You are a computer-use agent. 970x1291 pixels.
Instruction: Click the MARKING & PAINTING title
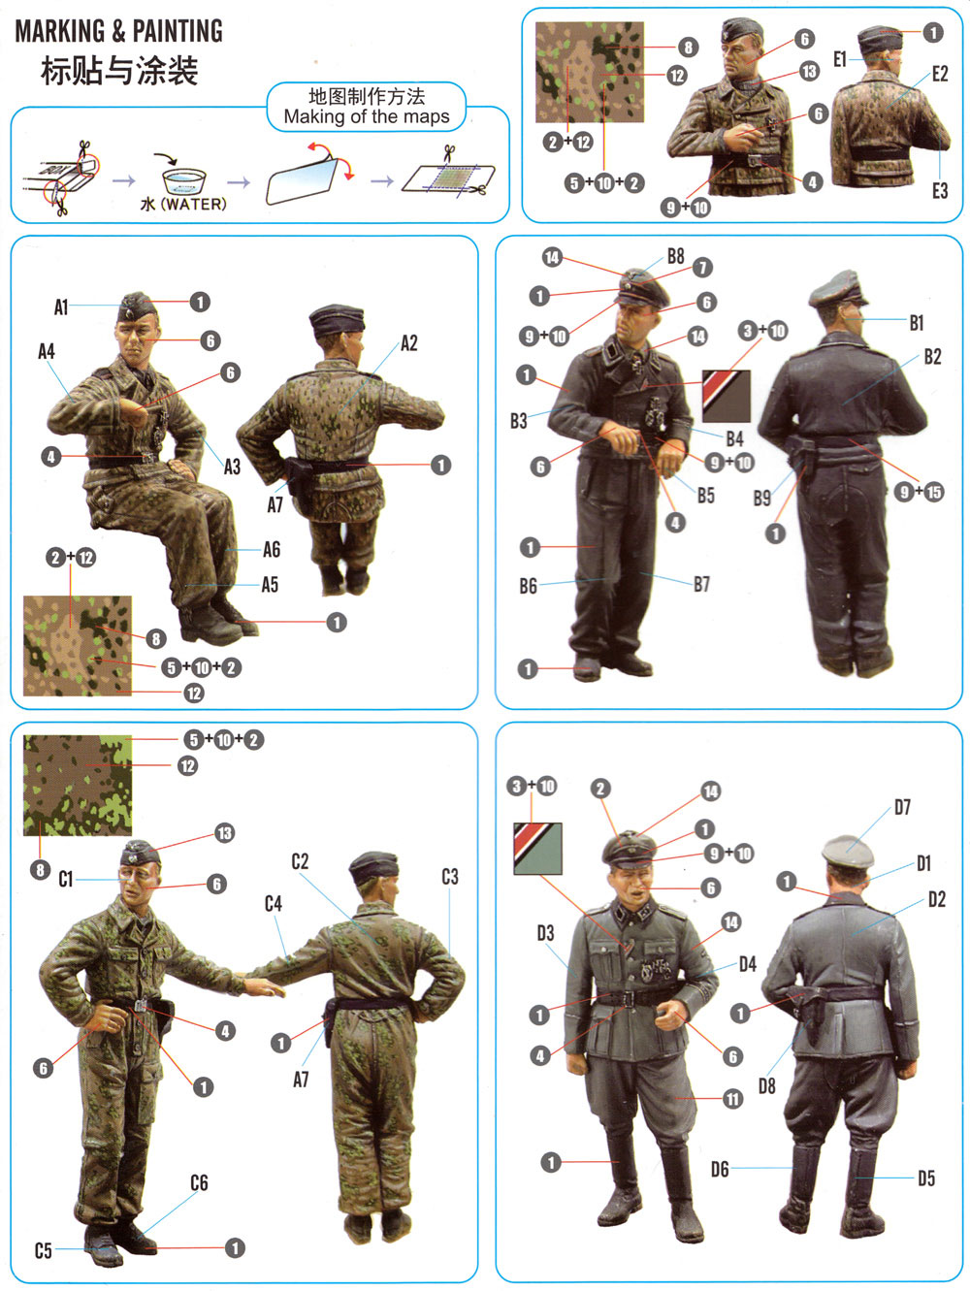click(118, 31)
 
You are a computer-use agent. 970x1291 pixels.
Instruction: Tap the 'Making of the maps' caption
click(367, 116)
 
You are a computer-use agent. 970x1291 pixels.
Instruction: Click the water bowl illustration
click(184, 181)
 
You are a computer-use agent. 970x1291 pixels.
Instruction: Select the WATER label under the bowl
click(183, 204)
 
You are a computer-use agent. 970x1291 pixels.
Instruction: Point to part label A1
click(61, 307)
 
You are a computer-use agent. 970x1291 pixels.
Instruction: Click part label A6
click(272, 549)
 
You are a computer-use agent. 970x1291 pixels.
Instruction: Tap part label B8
click(675, 256)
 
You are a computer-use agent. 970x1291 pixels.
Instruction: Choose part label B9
click(761, 499)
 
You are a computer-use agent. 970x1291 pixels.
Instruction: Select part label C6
click(199, 1182)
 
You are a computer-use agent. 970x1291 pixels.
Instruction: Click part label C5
click(43, 1250)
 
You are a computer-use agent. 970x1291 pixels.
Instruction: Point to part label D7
click(902, 808)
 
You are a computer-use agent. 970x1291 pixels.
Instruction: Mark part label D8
click(766, 1085)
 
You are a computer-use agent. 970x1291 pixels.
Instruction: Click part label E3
click(939, 190)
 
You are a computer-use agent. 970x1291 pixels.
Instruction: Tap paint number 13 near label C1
click(224, 833)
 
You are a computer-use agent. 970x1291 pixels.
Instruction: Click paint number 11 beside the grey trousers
click(732, 1099)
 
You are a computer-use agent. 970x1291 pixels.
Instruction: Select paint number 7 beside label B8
click(701, 268)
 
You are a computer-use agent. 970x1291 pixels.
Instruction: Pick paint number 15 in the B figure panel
click(933, 493)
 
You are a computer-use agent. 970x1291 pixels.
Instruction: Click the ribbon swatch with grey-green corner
click(537, 849)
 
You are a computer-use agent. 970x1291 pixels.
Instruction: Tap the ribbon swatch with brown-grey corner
click(726, 396)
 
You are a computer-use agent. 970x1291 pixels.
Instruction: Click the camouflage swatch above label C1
click(77, 786)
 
